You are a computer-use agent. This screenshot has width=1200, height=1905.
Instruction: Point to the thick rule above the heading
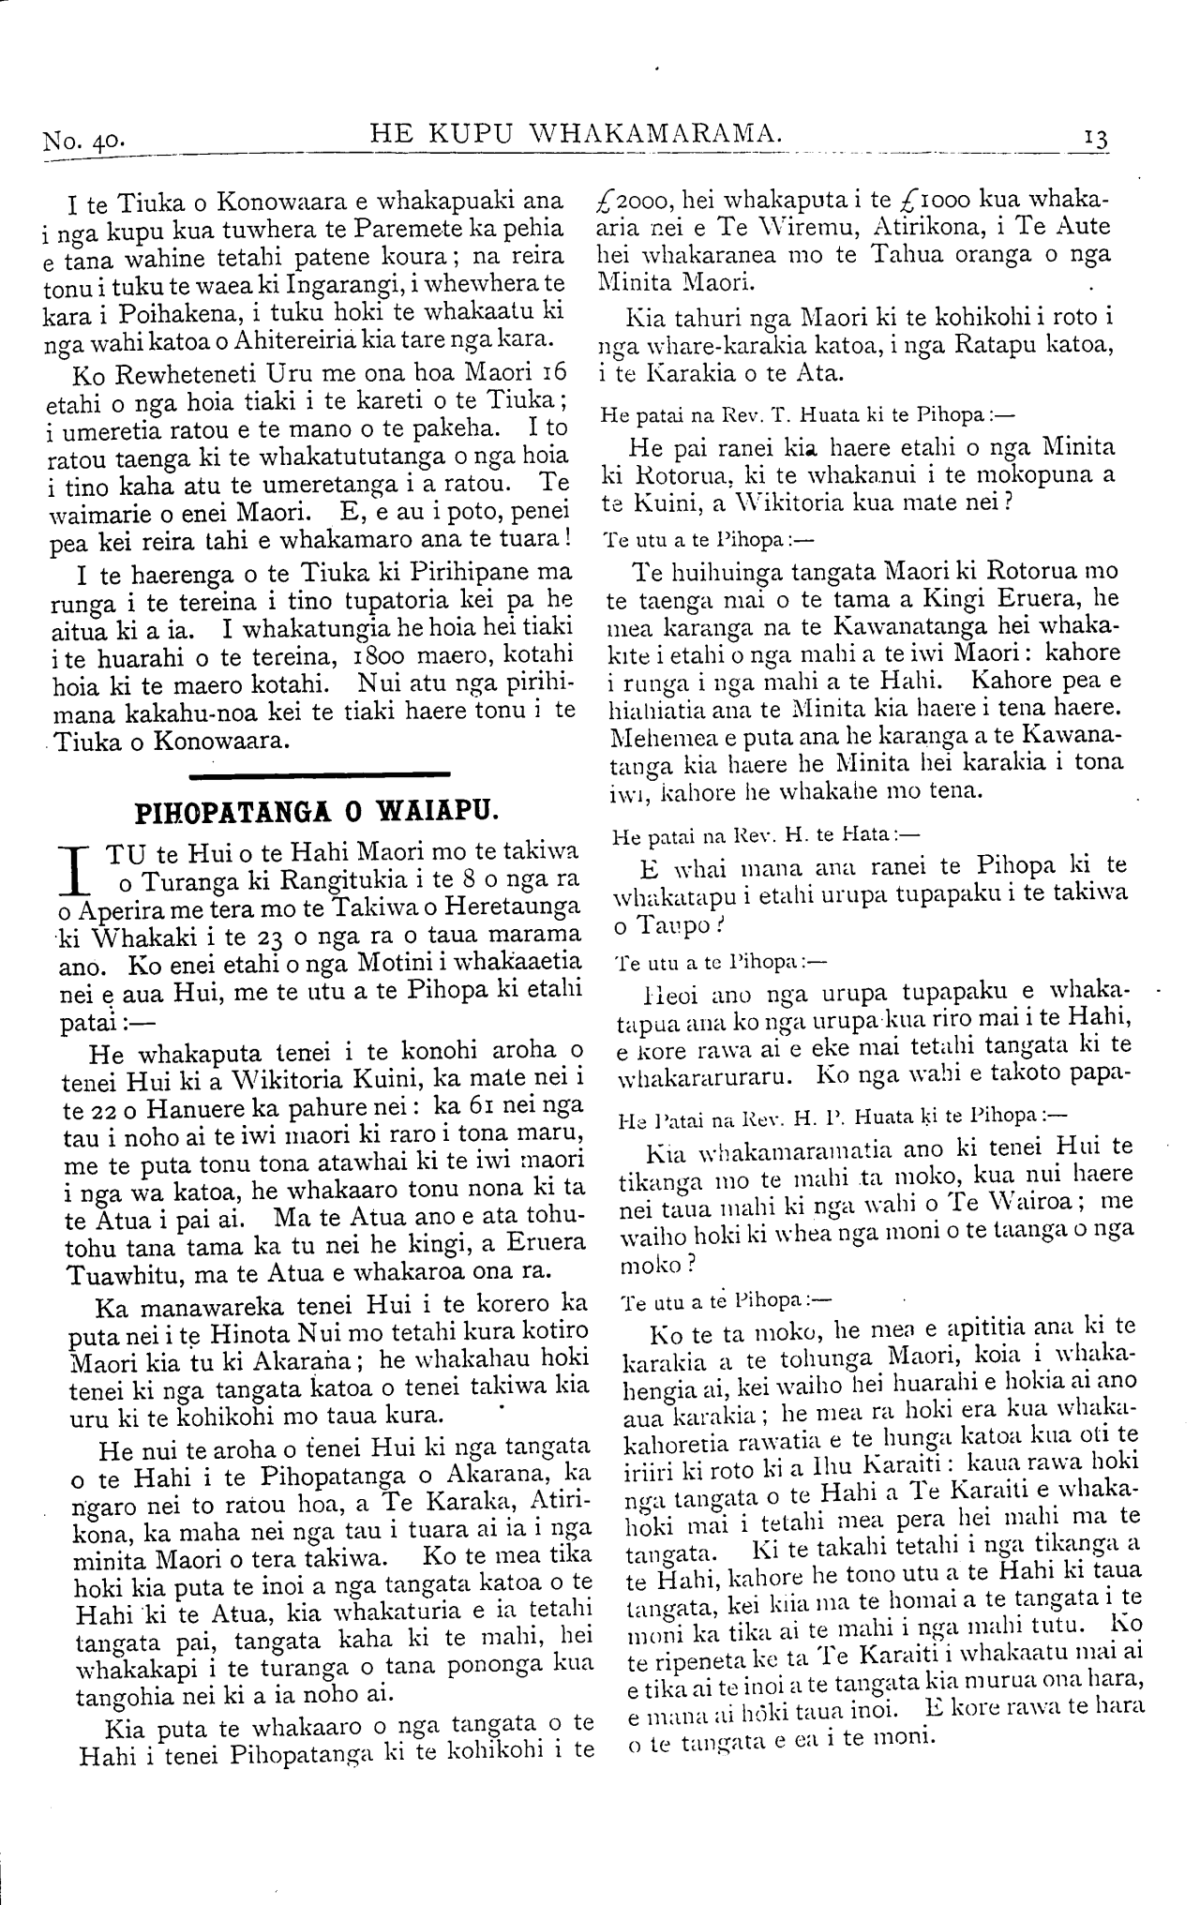tap(320, 774)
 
